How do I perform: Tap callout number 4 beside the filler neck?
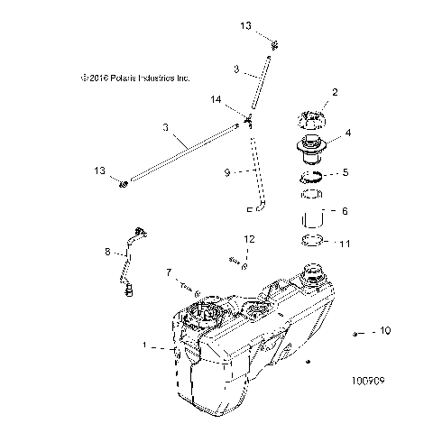click(x=348, y=133)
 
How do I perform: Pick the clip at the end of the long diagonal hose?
click(x=124, y=185)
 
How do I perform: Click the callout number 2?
click(x=335, y=91)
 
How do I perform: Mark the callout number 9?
click(x=227, y=170)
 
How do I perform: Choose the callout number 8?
click(x=107, y=252)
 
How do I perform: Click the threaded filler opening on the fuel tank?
click(x=317, y=274)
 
